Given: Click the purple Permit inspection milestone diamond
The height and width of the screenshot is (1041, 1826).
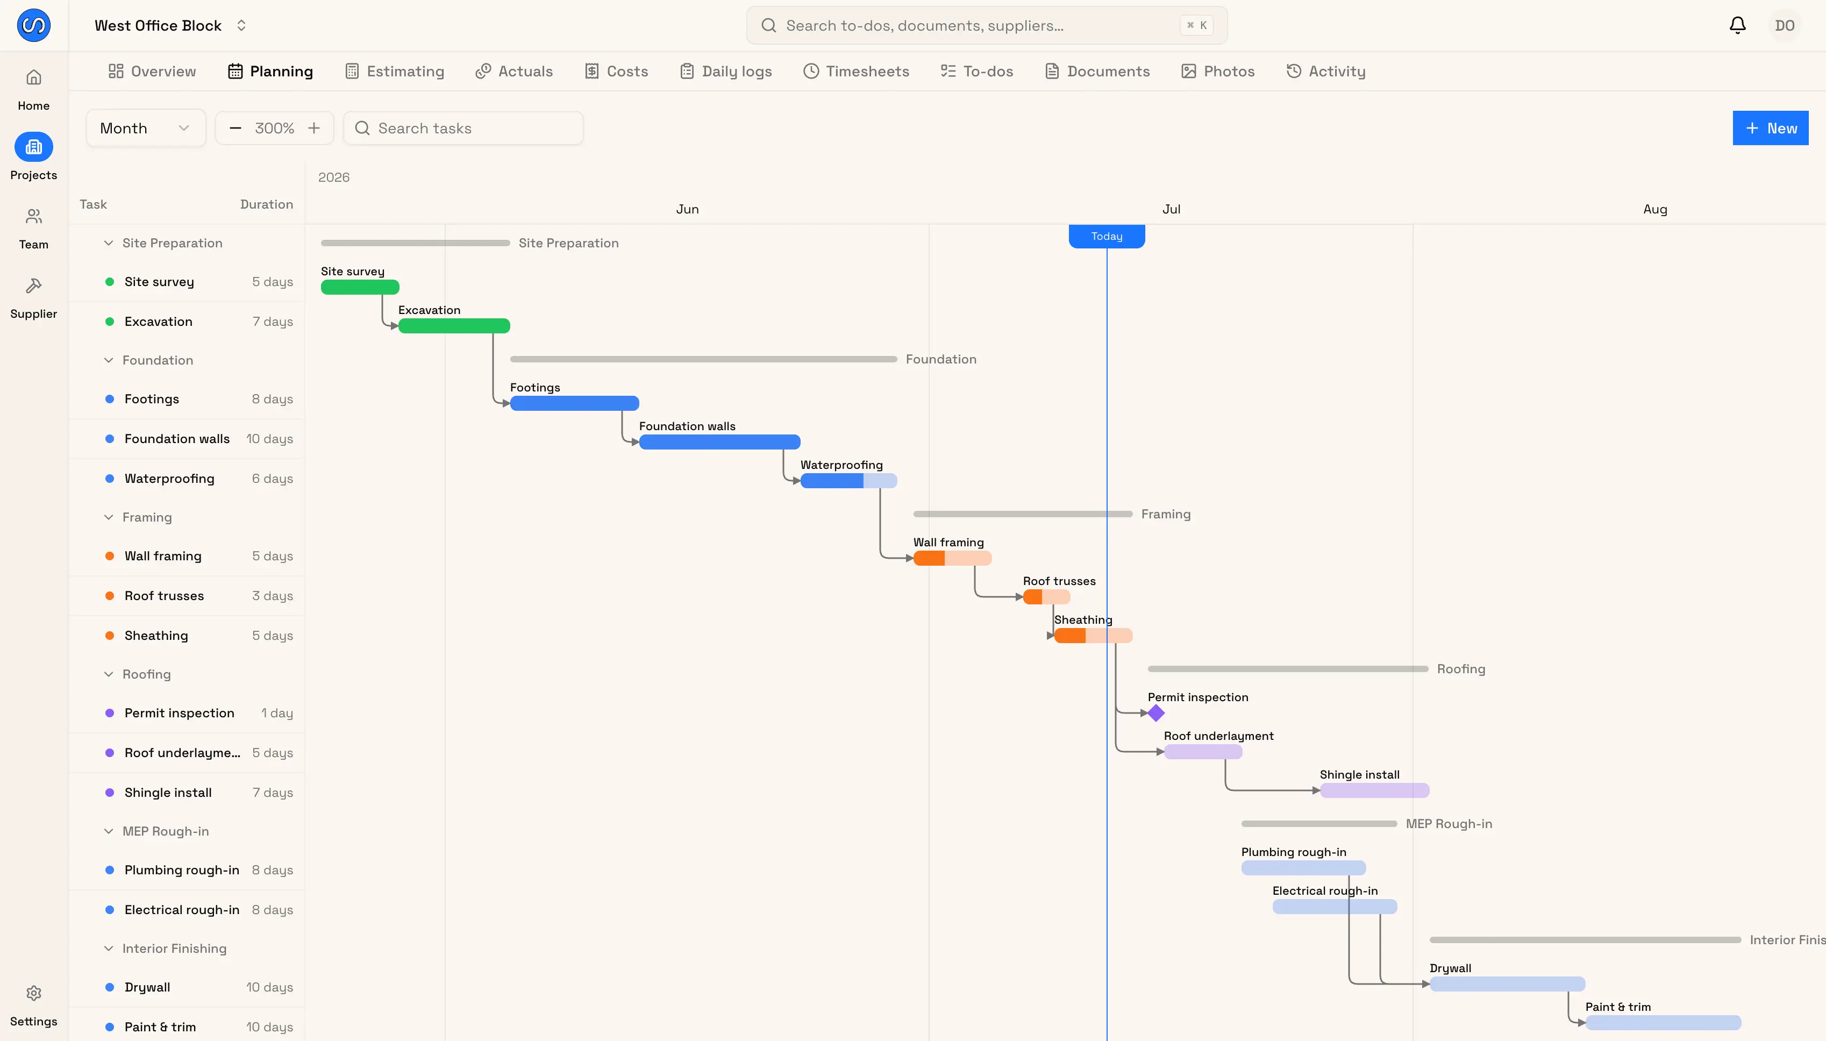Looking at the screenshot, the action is point(1156,713).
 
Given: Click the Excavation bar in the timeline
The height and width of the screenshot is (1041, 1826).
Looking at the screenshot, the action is point(454,326).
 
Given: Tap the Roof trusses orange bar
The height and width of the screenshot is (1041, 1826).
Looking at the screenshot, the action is point(1046,597).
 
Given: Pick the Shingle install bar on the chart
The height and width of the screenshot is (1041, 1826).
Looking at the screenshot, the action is point(1374,790).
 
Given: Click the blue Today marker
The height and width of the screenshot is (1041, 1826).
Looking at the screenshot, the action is point(1107,236).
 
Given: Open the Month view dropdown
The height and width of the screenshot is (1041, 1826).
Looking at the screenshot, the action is point(146,128).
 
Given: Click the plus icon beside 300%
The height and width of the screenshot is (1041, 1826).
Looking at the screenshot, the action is point(314,128).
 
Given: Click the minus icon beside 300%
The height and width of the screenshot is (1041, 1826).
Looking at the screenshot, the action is point(235,128).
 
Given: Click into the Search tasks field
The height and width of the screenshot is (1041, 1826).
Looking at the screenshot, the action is point(463,128).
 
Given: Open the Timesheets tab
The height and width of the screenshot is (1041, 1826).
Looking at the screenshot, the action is point(856,72).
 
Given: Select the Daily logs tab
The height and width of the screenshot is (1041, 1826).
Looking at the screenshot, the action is point(726,72).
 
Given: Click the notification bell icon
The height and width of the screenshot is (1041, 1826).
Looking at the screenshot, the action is point(1737,26).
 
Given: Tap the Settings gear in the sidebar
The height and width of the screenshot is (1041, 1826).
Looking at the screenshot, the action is point(33,993).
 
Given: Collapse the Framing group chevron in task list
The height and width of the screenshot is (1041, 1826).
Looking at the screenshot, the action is point(109,517).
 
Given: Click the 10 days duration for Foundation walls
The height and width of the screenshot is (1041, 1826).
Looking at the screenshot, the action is point(269,439).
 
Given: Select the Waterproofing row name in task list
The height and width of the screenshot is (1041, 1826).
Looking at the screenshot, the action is point(169,479).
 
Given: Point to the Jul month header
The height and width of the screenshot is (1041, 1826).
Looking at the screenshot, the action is point(1171,209).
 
